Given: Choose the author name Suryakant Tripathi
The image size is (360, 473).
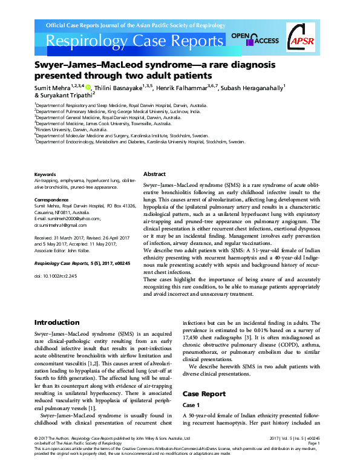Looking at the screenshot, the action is pos(64,96).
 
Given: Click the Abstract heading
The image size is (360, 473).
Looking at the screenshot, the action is pos(155,174).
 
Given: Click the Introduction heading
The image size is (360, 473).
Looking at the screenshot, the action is pos(56,323).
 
